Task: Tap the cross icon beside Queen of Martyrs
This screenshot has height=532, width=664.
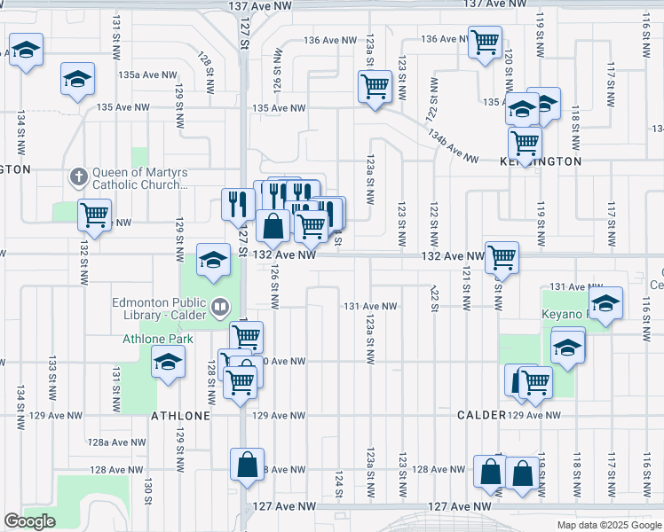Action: coord(78,176)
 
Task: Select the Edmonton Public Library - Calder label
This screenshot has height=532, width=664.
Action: coord(160,308)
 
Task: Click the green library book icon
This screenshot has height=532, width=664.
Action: coord(219,308)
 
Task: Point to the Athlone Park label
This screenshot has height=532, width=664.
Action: coord(152,339)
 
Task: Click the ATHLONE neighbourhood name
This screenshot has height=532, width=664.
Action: coord(181,415)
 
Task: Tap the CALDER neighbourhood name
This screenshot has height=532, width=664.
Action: coord(481,415)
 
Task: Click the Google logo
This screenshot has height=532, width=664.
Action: coord(29,521)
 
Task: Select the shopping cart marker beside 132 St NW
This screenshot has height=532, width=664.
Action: coord(94,213)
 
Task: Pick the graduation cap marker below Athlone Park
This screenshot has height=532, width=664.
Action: coord(167,362)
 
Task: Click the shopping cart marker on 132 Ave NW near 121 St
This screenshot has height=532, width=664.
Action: coord(502,257)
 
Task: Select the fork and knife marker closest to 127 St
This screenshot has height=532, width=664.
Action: coord(236,203)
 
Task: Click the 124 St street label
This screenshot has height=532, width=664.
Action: coord(339,484)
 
